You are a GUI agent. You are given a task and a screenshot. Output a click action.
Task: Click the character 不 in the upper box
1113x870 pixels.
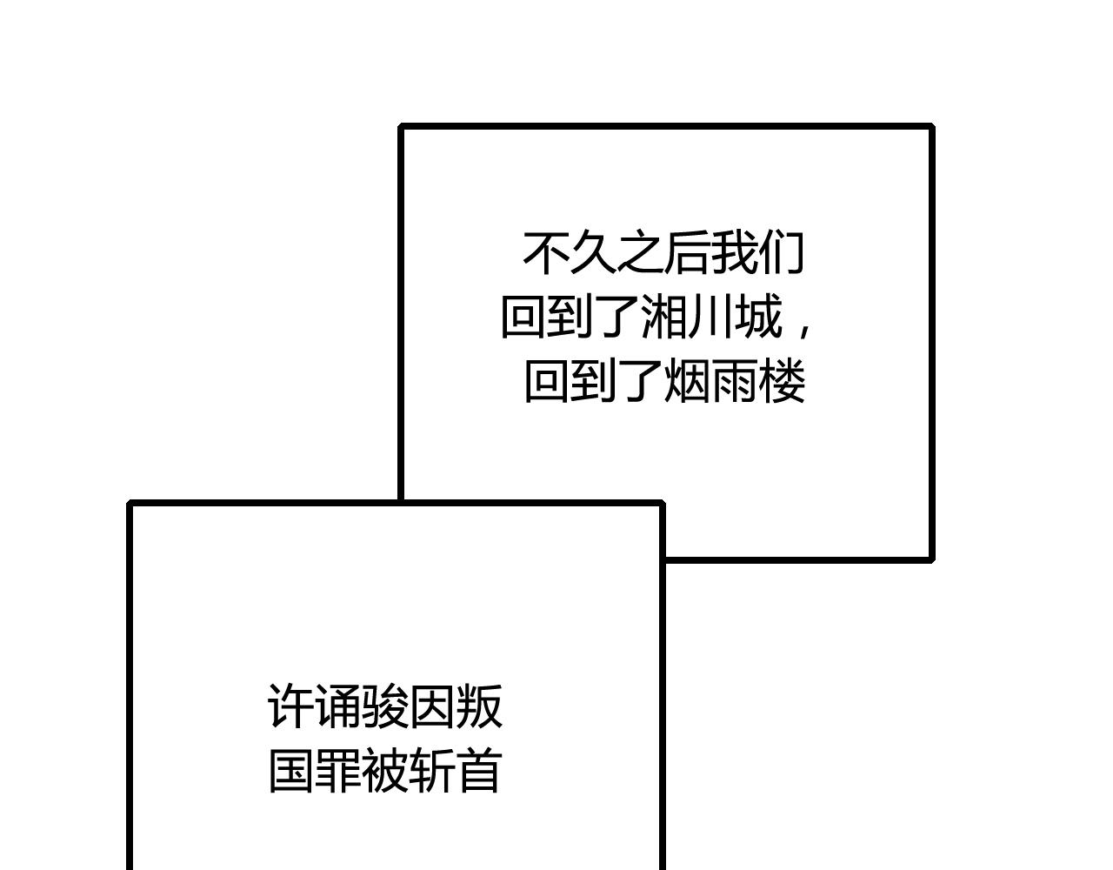click(x=545, y=253)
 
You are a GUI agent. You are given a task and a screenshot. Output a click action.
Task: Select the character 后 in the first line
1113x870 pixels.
click(x=686, y=253)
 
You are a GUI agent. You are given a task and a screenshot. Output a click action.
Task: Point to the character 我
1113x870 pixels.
click(x=734, y=253)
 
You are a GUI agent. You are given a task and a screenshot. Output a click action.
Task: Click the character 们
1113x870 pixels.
click(x=781, y=253)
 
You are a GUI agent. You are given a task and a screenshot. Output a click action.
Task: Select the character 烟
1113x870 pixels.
click(x=688, y=381)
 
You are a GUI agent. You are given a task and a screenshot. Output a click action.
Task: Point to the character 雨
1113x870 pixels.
click(x=734, y=381)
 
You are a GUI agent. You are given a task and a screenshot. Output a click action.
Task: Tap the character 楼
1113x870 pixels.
click(x=782, y=381)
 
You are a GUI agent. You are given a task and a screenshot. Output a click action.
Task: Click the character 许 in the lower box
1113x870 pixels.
click(x=290, y=706)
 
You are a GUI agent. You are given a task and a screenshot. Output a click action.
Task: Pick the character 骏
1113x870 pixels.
click(x=384, y=706)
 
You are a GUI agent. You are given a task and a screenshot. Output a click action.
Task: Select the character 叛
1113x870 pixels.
click(x=479, y=706)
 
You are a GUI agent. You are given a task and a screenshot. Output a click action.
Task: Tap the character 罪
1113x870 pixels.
click(x=337, y=771)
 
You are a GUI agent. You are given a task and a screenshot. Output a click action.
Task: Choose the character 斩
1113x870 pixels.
click(x=432, y=771)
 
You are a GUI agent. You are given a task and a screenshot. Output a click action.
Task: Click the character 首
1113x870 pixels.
click(x=479, y=771)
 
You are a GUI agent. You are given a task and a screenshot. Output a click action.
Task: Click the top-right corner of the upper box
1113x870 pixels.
click(x=931, y=126)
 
